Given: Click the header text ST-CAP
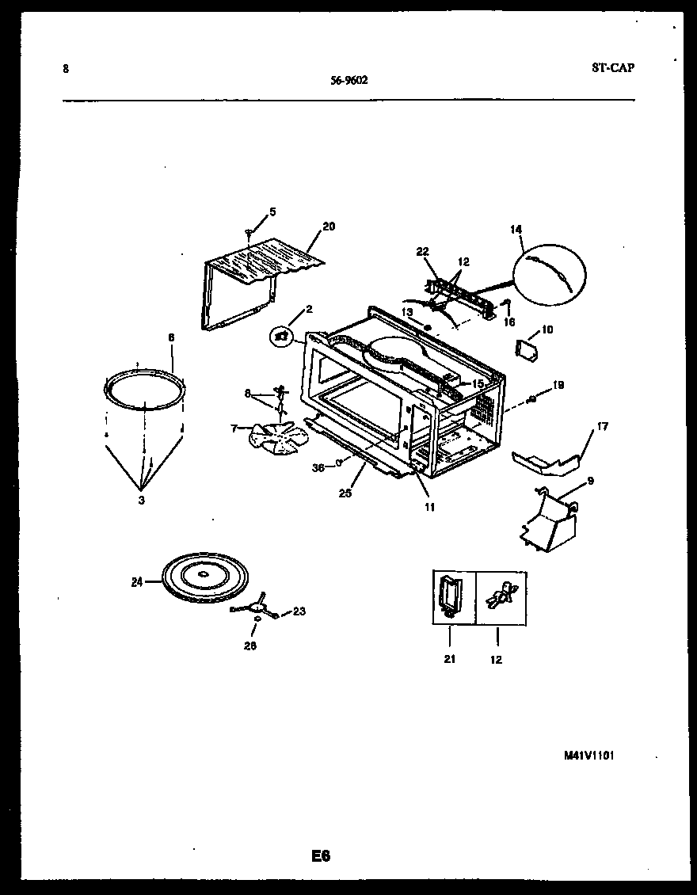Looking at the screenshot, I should pyautogui.click(x=612, y=67).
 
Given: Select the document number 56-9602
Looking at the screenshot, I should pyautogui.click(x=348, y=79).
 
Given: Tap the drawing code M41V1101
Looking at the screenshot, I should pyautogui.click(x=588, y=756).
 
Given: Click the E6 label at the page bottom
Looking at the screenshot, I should pyautogui.click(x=321, y=855).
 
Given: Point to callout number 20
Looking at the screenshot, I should pyautogui.click(x=329, y=227).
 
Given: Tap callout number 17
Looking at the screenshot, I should pyautogui.click(x=602, y=427).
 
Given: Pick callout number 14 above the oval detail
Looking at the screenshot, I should pyautogui.click(x=516, y=230).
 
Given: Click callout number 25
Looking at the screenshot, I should pyautogui.click(x=346, y=493).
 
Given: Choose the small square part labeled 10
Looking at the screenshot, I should pyautogui.click(x=526, y=349).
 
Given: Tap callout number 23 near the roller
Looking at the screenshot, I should pyautogui.click(x=299, y=611).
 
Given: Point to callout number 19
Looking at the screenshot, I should pyautogui.click(x=558, y=386).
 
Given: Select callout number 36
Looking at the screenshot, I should pyautogui.click(x=317, y=467).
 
